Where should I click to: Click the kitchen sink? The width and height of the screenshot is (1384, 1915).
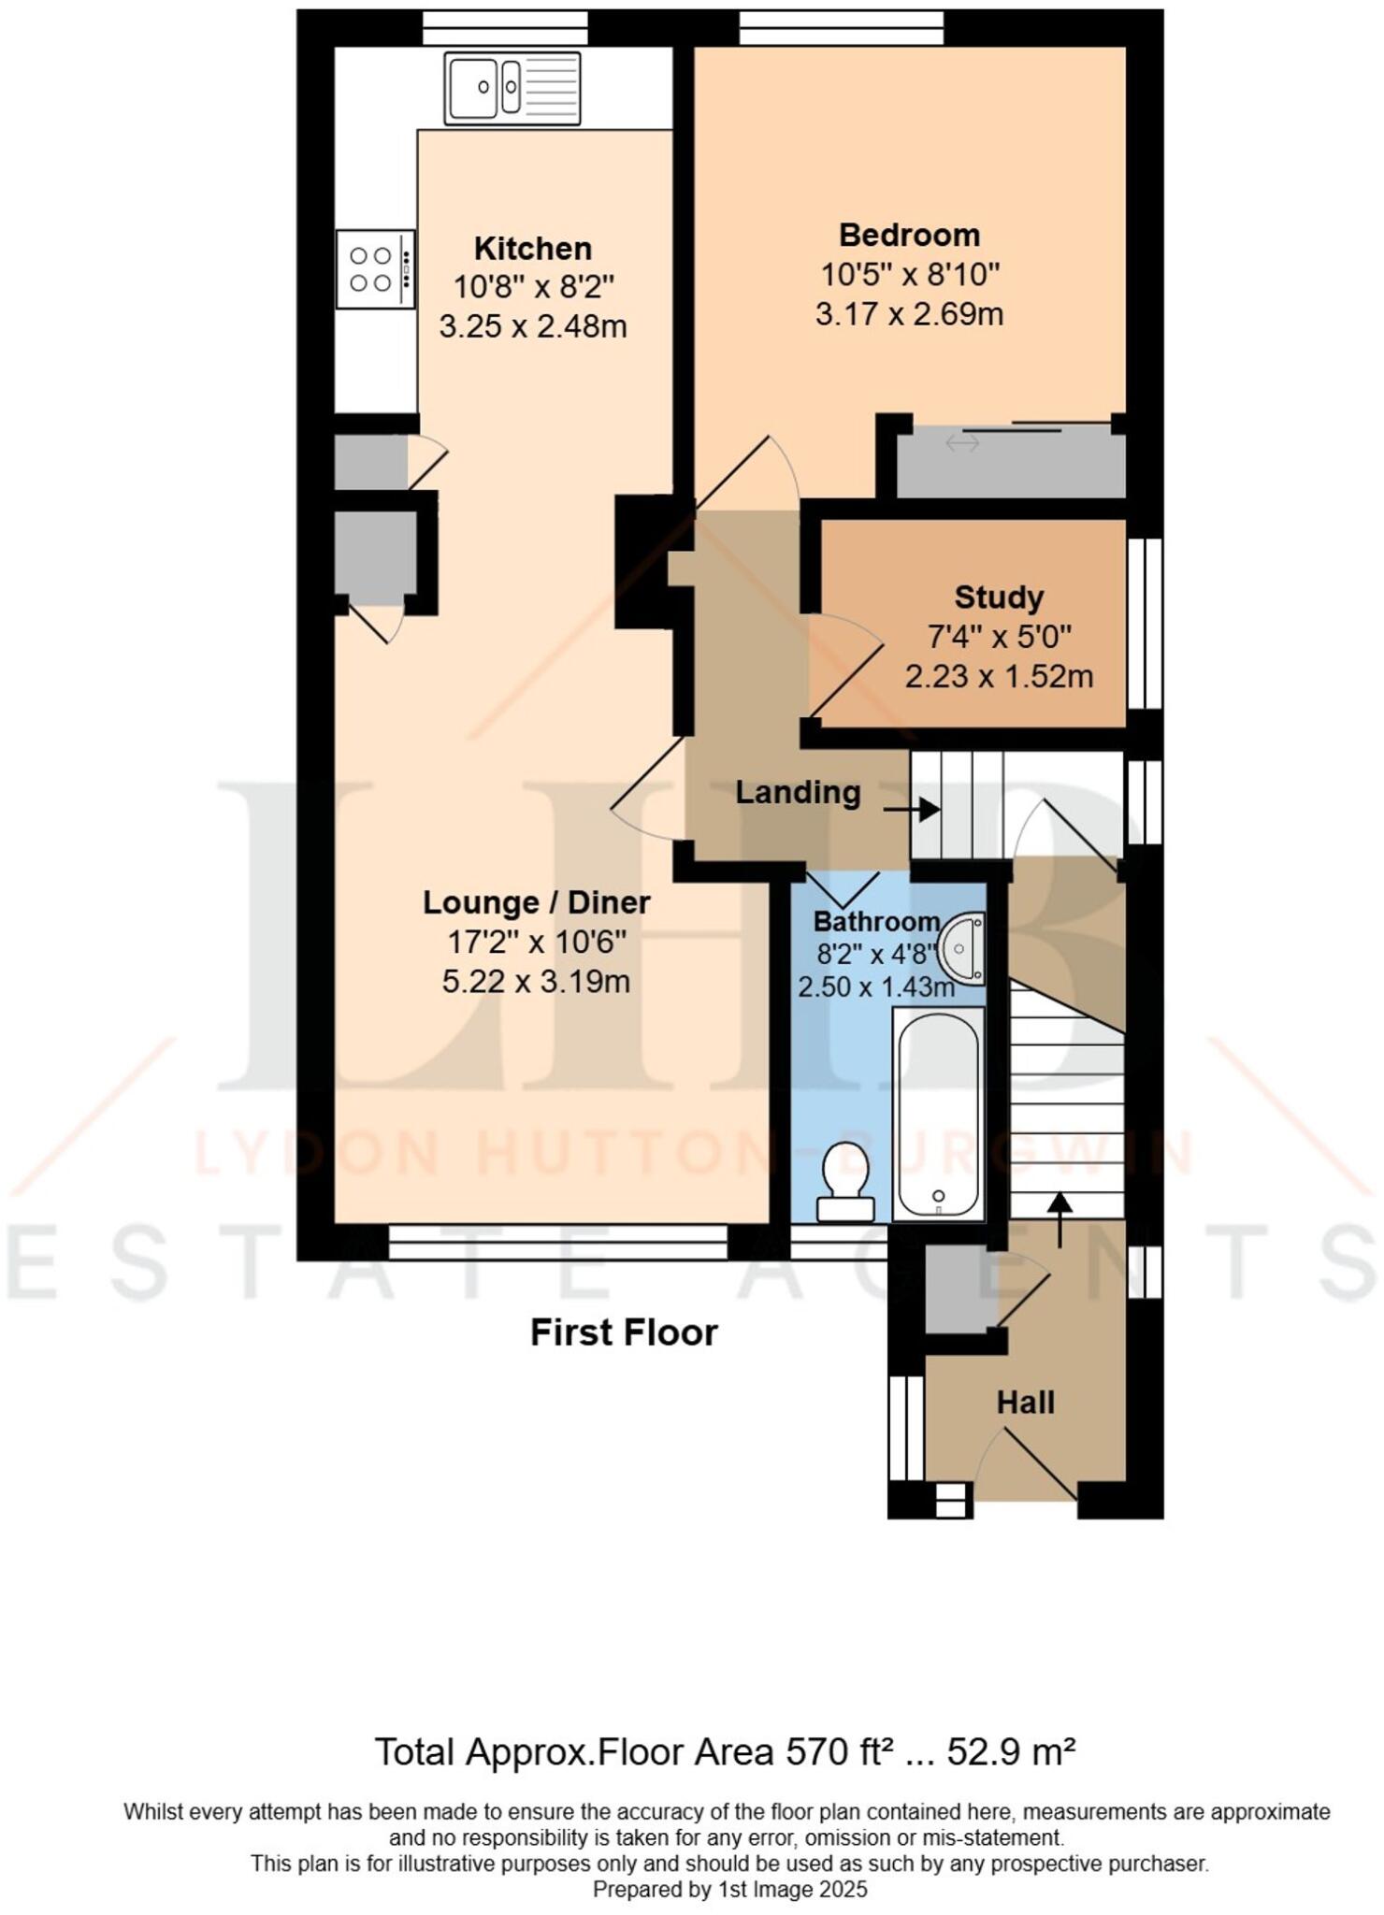512,87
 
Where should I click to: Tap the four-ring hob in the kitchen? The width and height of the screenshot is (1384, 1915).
375,269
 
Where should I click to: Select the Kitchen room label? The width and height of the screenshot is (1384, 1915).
532,249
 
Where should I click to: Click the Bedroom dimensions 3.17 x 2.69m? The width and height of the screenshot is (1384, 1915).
909,314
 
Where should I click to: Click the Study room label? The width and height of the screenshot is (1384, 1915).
998,598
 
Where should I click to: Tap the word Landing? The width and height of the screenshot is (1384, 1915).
797,793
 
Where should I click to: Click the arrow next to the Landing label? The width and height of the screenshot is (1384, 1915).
912,809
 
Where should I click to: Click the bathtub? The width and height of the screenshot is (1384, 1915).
938,1113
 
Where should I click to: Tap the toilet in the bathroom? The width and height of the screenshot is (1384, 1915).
845,1181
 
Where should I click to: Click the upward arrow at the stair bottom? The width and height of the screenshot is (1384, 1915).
1059,1218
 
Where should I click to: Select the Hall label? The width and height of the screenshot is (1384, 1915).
1025,1403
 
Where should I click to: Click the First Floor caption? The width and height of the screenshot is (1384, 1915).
624,1332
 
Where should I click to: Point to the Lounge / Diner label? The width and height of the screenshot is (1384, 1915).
536,903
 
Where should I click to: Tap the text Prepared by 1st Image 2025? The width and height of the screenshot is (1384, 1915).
729,1890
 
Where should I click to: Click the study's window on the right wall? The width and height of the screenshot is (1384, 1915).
1144,624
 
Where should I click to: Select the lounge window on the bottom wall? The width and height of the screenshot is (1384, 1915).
557,1243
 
